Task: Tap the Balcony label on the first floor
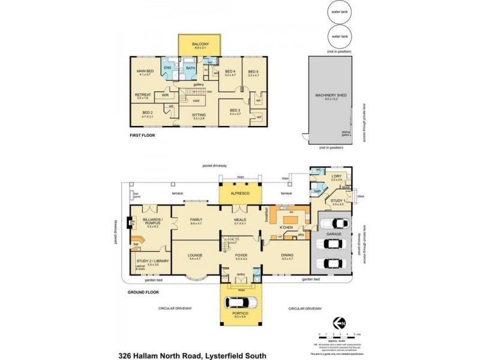(200, 44)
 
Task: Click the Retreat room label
(143, 95)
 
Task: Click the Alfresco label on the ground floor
(242, 194)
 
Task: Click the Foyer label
(241, 256)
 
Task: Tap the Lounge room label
(194, 256)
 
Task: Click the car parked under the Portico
(242, 302)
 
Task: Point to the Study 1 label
(337, 202)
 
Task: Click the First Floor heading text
(143, 137)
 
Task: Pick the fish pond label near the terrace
(137, 194)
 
